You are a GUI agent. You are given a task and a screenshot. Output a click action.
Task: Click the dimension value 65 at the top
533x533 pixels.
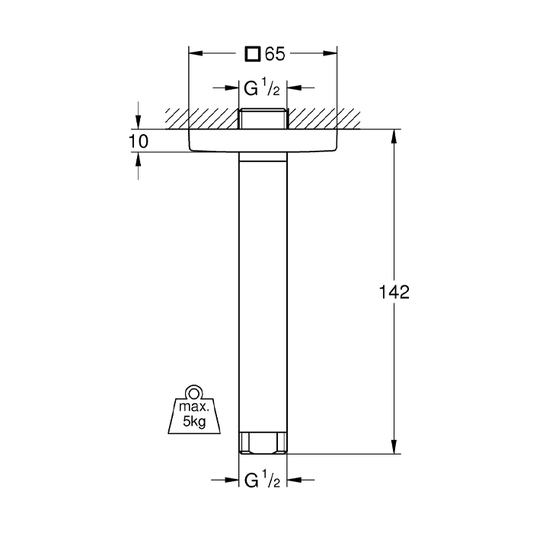(x=275, y=54)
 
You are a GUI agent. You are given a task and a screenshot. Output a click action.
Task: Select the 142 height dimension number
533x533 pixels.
(x=394, y=292)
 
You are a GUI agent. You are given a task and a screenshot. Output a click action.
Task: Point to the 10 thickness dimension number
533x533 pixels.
(x=139, y=141)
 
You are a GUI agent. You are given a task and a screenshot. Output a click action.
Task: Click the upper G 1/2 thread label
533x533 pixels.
(x=262, y=88)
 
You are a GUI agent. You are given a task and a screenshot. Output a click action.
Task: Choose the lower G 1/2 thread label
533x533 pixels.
(x=262, y=480)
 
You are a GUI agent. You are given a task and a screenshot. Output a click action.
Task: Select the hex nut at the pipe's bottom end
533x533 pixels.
(x=263, y=442)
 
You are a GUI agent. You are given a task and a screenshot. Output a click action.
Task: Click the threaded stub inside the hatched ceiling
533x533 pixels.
(x=263, y=119)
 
